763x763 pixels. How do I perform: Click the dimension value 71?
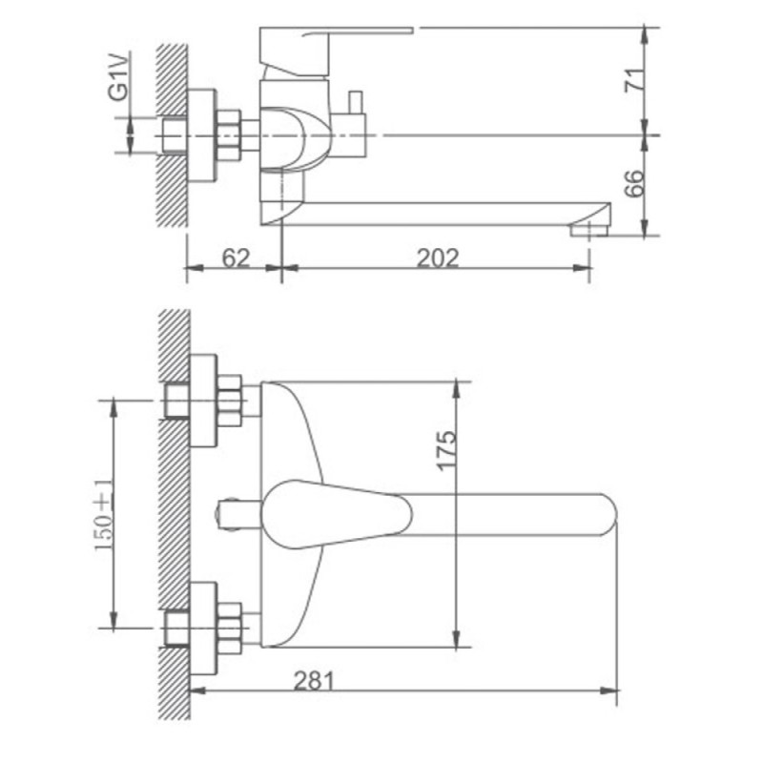pyautogui.click(x=633, y=81)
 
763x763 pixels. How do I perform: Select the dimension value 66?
pyautogui.click(x=633, y=183)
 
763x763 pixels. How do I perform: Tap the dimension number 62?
pyautogui.click(x=236, y=258)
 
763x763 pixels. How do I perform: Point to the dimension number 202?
pyautogui.click(x=438, y=258)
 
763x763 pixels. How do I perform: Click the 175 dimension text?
pyautogui.click(x=446, y=450)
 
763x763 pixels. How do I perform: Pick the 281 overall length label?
pyautogui.click(x=314, y=681)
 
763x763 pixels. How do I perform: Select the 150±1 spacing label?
pyautogui.click(x=103, y=514)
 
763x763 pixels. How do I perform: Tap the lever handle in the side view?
pyautogui.click(x=336, y=52)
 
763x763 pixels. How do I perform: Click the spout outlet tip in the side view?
pyautogui.click(x=589, y=229)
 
